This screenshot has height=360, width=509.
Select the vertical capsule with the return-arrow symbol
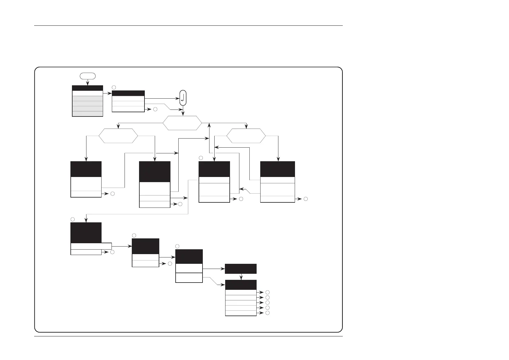(183, 98)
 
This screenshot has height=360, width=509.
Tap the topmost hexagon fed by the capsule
(182, 123)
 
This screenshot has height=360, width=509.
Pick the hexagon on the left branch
(118, 136)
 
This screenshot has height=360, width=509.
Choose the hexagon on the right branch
(246, 136)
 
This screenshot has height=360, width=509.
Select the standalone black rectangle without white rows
(241, 269)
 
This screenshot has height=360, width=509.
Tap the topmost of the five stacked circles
(267, 292)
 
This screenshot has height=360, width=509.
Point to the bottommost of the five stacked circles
(267, 313)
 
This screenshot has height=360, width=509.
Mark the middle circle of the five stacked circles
(267, 303)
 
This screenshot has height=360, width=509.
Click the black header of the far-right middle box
(277, 169)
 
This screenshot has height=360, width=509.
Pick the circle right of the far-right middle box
(306, 199)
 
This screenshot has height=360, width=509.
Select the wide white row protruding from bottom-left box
(91, 246)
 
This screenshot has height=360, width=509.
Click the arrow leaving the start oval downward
(88, 82)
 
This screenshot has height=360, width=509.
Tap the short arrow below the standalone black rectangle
(241, 277)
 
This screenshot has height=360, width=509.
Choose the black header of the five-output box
(241, 285)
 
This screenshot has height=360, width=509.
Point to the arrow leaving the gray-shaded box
(107, 93)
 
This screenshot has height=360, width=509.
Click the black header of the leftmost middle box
(86, 169)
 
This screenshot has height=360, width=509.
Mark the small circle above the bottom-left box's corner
(73, 219)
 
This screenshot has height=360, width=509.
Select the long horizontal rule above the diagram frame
(188, 26)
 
